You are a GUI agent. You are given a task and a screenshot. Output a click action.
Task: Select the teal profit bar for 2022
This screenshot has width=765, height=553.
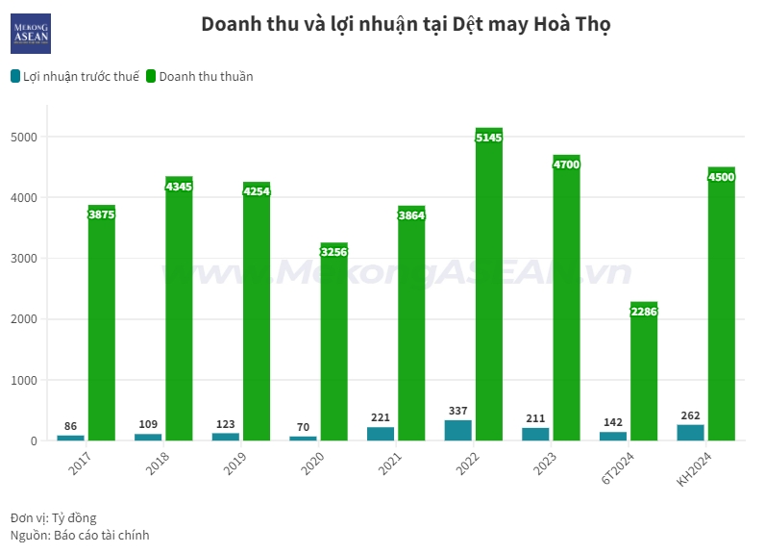(458, 431)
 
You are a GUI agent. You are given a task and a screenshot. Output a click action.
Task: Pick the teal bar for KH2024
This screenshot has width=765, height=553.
(690, 433)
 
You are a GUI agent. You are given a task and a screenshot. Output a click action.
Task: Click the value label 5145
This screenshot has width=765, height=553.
(488, 138)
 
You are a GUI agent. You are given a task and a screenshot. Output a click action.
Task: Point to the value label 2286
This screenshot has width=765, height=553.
(644, 312)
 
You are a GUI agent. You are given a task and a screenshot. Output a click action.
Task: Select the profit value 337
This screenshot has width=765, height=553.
(458, 411)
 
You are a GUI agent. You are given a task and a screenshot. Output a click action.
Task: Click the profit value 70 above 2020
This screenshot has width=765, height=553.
(304, 427)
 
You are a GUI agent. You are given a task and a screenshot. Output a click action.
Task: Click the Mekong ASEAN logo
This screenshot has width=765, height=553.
(30, 33)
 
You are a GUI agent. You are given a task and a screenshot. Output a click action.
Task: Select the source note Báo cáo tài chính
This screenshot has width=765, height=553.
(80, 535)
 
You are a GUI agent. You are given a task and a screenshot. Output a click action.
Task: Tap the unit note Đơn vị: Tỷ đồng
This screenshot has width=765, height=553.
(54, 517)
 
